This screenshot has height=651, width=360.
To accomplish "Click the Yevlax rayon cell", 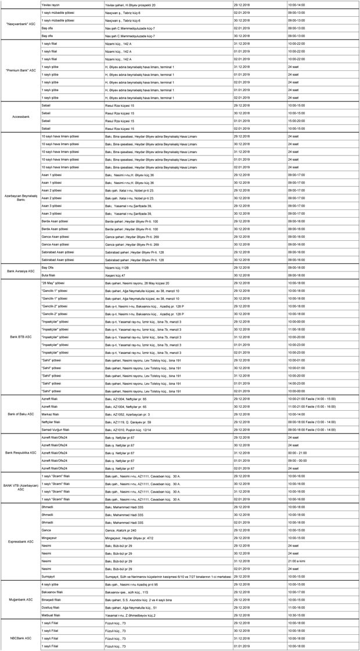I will pos(50,4).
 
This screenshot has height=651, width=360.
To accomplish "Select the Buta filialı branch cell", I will pos(50,275).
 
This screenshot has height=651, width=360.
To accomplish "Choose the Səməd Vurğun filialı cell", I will pos(56,430).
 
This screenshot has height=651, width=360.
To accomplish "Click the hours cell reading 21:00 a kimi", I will pos(297,561).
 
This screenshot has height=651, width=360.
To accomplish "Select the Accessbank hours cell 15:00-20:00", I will pos(297,121).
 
